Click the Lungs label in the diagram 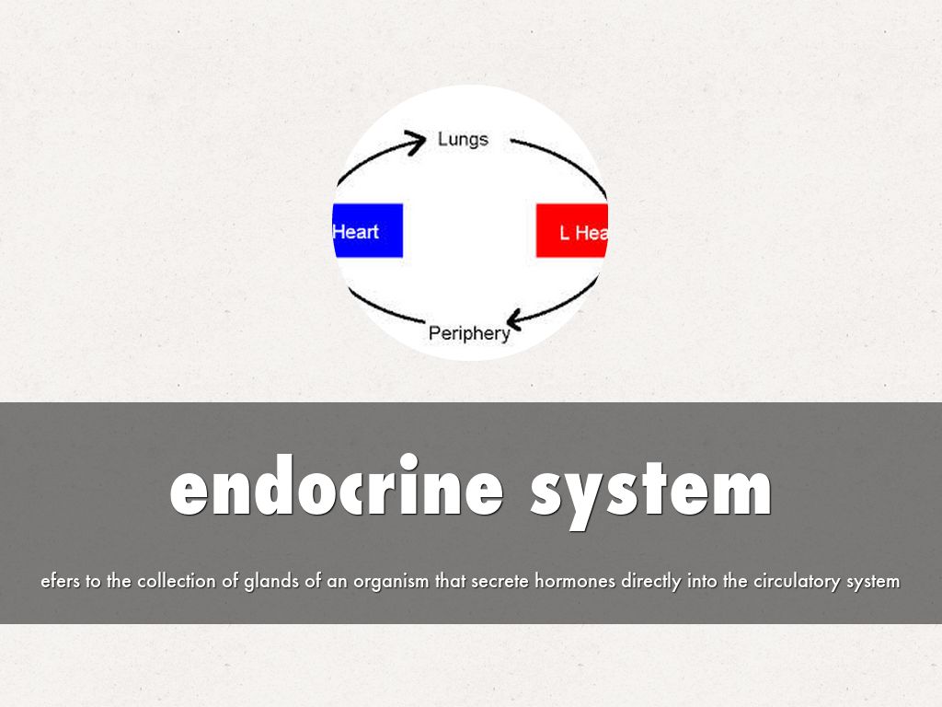coord(463,140)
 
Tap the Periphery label coord(469,333)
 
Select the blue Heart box coord(368,230)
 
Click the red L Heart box coord(572,230)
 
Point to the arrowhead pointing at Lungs coord(415,143)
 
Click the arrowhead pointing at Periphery coord(515,319)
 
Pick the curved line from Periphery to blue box coord(385,307)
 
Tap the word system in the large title coord(650,493)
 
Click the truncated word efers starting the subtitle coord(60,581)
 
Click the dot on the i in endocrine coord(408,462)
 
